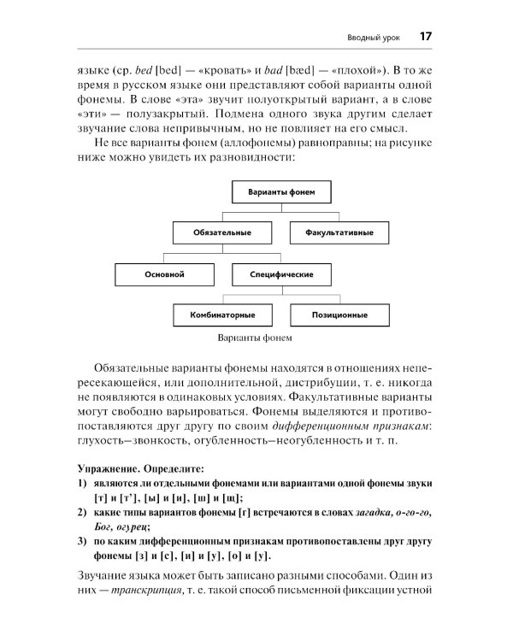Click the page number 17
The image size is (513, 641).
(425, 37)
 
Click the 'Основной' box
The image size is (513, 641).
(164, 274)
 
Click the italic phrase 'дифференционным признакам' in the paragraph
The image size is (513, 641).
(358, 425)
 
